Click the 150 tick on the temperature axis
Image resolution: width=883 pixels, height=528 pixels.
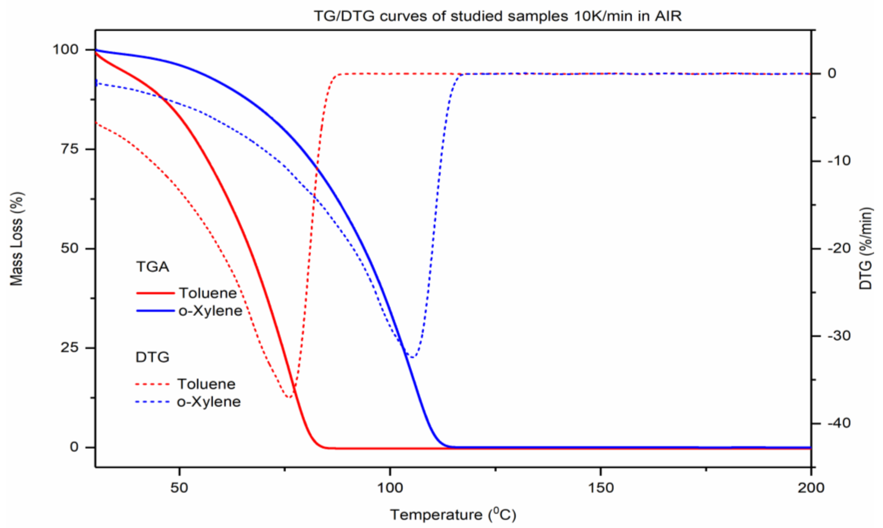pos(601,488)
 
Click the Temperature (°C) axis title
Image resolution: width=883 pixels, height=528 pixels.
pos(453,515)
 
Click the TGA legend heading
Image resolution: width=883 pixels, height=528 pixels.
pos(152,267)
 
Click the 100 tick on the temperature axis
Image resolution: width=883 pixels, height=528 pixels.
pos(390,488)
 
